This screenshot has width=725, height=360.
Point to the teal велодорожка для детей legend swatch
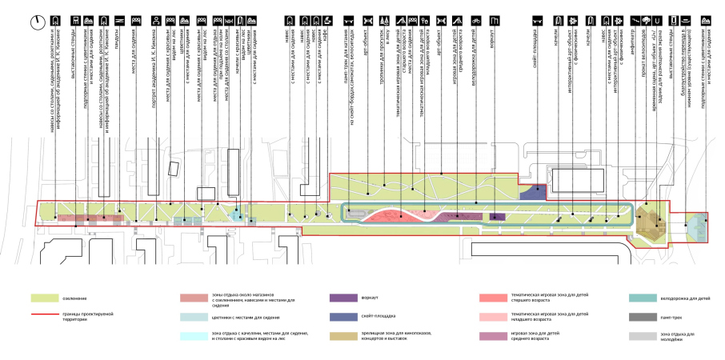point(645,298)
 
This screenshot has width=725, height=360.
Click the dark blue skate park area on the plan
point(531,191)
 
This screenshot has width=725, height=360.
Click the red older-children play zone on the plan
point(392,216)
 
